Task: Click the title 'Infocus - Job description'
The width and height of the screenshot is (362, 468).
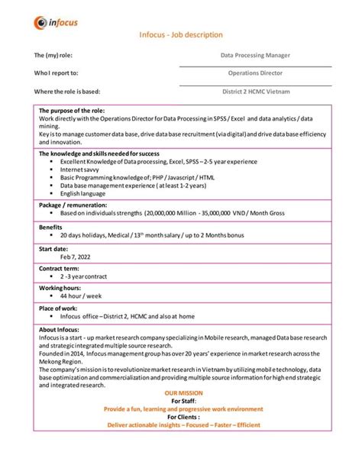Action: coord(181,35)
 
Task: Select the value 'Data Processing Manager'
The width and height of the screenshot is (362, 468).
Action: coord(255,55)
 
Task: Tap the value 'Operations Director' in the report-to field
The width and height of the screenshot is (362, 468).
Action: coord(255,73)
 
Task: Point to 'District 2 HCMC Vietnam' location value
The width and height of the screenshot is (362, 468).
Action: coord(255,92)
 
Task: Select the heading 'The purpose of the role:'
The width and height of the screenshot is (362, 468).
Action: coord(72,111)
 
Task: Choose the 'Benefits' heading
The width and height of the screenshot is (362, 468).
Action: coord(52,227)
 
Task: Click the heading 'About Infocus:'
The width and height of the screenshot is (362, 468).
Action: coord(59,329)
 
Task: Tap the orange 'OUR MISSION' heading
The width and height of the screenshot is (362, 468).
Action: coord(181,393)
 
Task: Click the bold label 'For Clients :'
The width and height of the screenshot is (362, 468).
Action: coord(181,417)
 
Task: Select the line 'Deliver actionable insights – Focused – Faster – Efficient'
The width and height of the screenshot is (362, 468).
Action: coord(181,425)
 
